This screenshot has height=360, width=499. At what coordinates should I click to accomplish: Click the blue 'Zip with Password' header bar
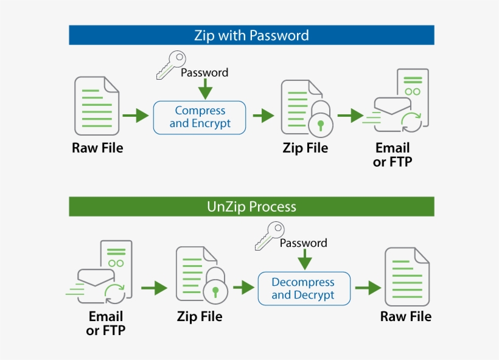[251, 35]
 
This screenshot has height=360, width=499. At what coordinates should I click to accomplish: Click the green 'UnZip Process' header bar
[251, 207]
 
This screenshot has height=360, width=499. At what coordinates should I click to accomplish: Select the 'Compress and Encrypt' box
[200, 117]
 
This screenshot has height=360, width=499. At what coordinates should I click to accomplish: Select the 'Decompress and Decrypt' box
[304, 289]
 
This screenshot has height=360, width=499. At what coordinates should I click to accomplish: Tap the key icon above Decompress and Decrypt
[268, 237]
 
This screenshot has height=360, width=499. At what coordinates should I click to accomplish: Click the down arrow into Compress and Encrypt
[206, 89]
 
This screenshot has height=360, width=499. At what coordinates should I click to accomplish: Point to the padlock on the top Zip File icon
[319, 120]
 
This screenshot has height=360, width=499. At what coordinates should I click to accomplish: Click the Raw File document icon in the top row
[97, 106]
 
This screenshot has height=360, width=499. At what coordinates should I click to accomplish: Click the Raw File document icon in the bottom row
[407, 276]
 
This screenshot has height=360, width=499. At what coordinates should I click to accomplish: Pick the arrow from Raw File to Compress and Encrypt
[135, 115]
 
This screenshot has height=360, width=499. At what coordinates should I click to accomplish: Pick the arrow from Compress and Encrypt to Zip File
[263, 116]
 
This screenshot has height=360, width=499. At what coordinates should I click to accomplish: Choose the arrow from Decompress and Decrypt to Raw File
[368, 288]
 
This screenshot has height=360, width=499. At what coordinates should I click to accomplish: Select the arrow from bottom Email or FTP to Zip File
[153, 288]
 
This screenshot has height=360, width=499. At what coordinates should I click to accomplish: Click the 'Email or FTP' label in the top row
[392, 155]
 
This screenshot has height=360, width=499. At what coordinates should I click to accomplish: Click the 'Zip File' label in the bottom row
[200, 317]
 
